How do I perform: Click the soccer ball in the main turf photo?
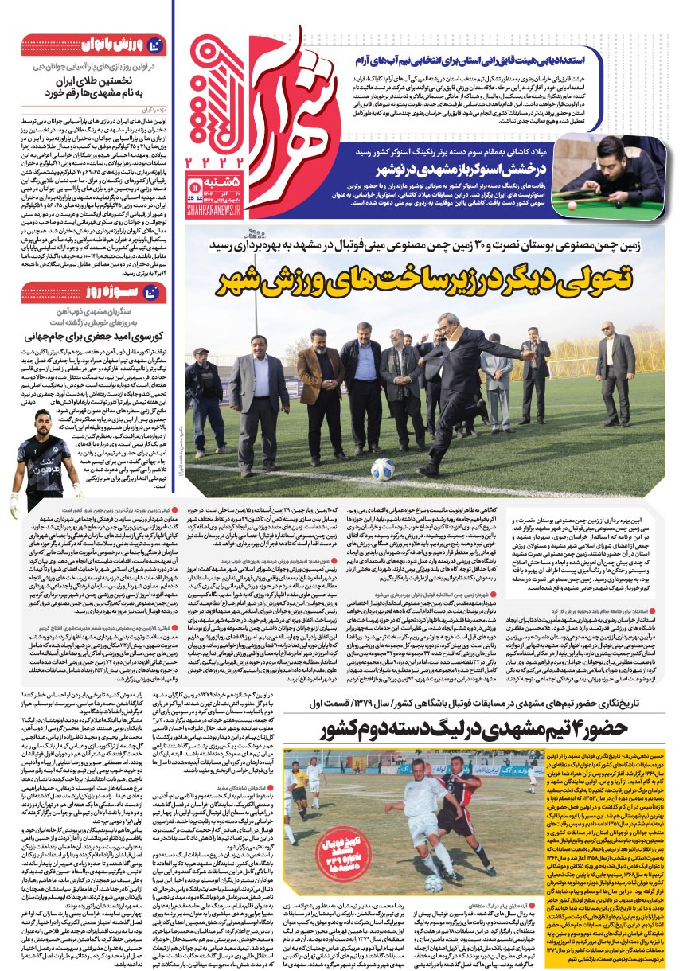pyautogui.click(x=383, y=469)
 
